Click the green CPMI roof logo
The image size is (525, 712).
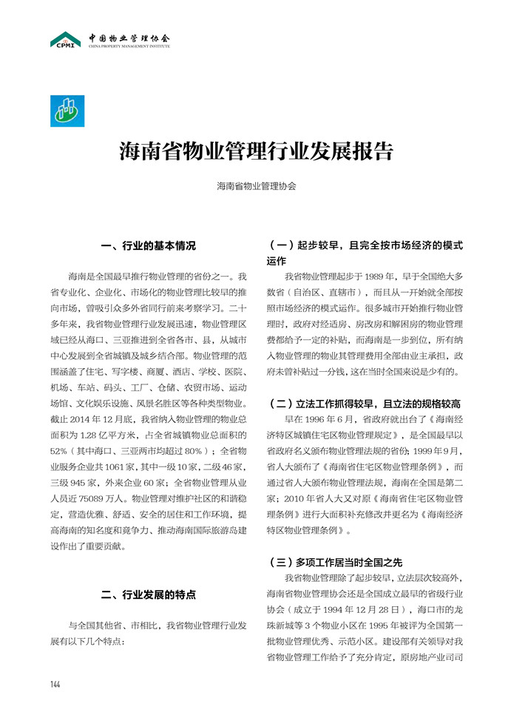click(66, 39)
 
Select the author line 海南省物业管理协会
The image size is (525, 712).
click(257, 186)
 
